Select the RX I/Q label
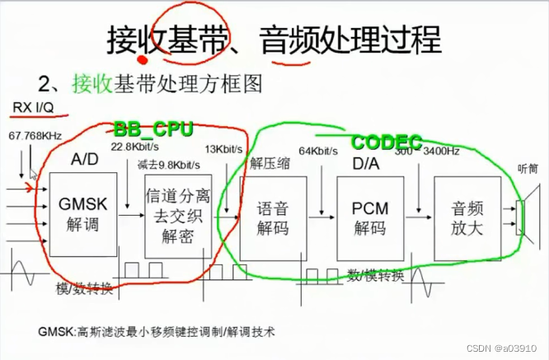pos(33,108)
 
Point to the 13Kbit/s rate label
pos(226,150)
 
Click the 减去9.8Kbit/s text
pos(171,163)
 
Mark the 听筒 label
pos(528,169)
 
